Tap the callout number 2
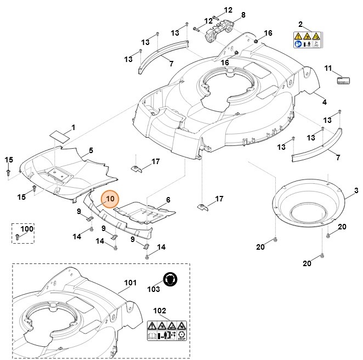click(x=300, y=24)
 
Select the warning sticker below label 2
click(x=307, y=41)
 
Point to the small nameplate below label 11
click(x=342, y=80)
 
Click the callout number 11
click(x=328, y=68)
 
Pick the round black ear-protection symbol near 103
click(x=171, y=279)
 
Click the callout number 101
click(x=130, y=283)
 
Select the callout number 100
click(x=27, y=228)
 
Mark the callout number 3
click(x=356, y=190)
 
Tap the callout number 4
click(x=324, y=102)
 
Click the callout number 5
click(x=91, y=150)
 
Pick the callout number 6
click(x=168, y=200)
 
